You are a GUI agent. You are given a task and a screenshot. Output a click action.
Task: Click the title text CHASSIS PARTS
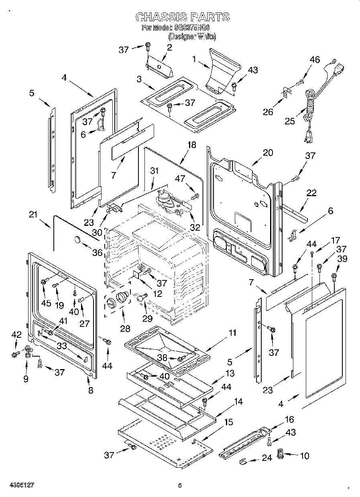coord(182,16)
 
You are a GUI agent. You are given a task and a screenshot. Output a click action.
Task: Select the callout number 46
coord(315,59)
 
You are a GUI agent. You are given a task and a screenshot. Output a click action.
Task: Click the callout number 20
coord(268,152)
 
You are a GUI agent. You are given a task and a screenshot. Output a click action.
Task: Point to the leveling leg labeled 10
coord(281,456)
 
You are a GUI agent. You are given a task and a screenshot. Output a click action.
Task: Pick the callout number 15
coord(228,422)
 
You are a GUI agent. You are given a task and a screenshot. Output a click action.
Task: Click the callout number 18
coord(192,145)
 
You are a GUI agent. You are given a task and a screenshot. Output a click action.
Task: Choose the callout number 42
coord(16,335)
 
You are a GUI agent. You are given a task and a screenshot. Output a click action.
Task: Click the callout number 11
coord(232,333)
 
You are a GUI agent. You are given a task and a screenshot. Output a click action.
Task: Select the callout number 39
coord(342,259)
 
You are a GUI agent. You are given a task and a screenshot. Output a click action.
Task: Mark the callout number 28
coord(125,329)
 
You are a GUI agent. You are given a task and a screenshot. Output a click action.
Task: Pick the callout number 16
coord(289,420)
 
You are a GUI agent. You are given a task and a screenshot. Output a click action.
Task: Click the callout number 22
coord(311,193)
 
